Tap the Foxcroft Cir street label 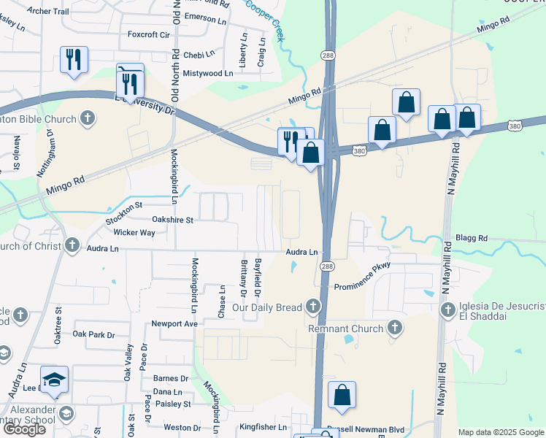coord(148,34)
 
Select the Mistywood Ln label coord(207,73)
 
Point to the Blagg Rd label coord(470,238)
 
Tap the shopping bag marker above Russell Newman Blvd coord(342,395)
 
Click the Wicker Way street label coord(134,233)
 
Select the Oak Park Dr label coord(94,334)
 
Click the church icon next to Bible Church coord(87,117)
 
